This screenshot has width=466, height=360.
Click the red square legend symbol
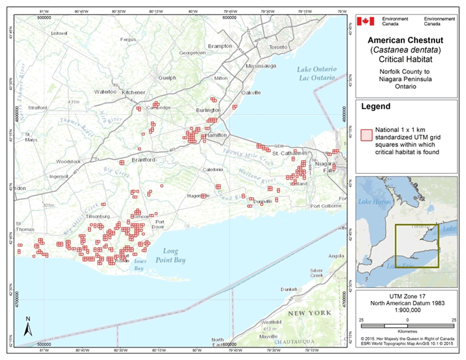[x=365, y=133]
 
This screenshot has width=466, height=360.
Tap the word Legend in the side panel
[x=375, y=107]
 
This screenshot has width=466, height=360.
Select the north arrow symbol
[x=27, y=326]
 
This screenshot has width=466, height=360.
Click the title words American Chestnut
[x=408, y=38]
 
